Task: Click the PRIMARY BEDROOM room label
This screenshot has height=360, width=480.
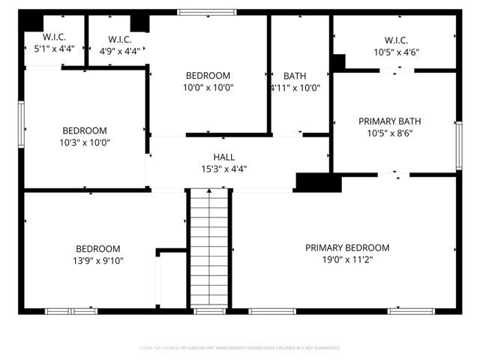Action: (x=346, y=248)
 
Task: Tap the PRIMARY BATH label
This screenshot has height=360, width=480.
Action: (x=389, y=121)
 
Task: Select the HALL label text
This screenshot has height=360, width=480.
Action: (x=223, y=157)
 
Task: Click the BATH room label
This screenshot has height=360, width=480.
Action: (x=295, y=76)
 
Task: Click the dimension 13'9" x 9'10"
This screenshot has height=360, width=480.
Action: (x=98, y=261)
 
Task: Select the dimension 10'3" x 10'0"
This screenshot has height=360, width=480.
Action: (x=85, y=142)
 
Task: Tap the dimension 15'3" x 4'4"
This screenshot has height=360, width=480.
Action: (x=223, y=169)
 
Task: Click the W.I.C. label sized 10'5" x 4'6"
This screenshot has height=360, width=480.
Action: (x=395, y=40)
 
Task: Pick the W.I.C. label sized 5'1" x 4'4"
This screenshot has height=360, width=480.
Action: (x=54, y=36)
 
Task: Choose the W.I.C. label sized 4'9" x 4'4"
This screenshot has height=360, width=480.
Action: (x=120, y=39)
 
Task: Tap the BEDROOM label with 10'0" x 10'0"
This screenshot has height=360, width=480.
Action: (x=208, y=76)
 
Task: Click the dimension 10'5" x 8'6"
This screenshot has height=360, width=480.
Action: (x=389, y=133)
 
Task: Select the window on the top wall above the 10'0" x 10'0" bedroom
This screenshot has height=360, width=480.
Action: (x=206, y=13)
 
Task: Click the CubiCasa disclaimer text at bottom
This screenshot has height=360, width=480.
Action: (x=240, y=348)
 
